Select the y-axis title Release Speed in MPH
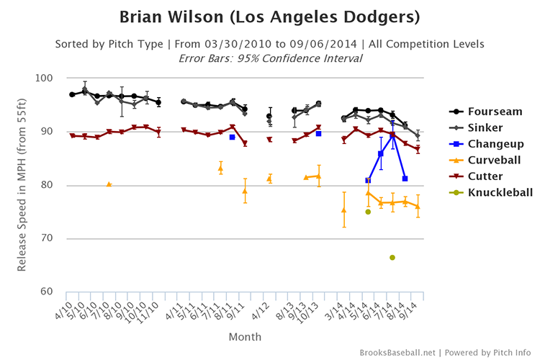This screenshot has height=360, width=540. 22,185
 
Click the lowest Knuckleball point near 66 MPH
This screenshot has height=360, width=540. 392,257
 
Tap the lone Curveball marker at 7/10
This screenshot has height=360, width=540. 109,184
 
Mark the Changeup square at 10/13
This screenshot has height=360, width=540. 318,134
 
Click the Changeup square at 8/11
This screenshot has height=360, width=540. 232,137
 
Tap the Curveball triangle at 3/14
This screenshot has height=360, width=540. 343,210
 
